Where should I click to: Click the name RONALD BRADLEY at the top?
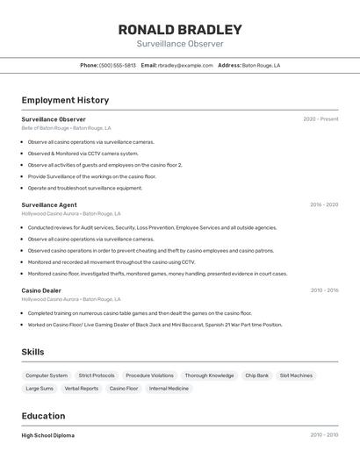click(180, 29)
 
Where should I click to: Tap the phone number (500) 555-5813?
click(118, 65)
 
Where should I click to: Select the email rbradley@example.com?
click(185, 65)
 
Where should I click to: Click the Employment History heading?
click(65, 100)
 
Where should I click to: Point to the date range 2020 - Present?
click(320, 119)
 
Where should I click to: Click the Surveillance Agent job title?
click(49, 204)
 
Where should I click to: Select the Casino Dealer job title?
click(41, 290)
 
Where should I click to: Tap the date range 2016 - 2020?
click(323, 204)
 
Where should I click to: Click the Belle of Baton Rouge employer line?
click(65, 128)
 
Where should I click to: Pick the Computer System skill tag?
click(47, 376)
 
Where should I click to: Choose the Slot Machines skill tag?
click(296, 376)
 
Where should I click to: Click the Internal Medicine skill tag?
click(169, 388)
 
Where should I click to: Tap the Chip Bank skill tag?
click(257, 376)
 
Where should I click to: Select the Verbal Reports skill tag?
click(82, 388)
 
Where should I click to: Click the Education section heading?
click(43, 416)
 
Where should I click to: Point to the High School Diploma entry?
click(48, 435)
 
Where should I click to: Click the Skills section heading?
click(33, 352)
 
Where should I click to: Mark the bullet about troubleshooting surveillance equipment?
click(84, 188)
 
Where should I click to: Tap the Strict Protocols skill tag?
click(97, 376)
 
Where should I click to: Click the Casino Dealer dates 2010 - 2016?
click(323, 290)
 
